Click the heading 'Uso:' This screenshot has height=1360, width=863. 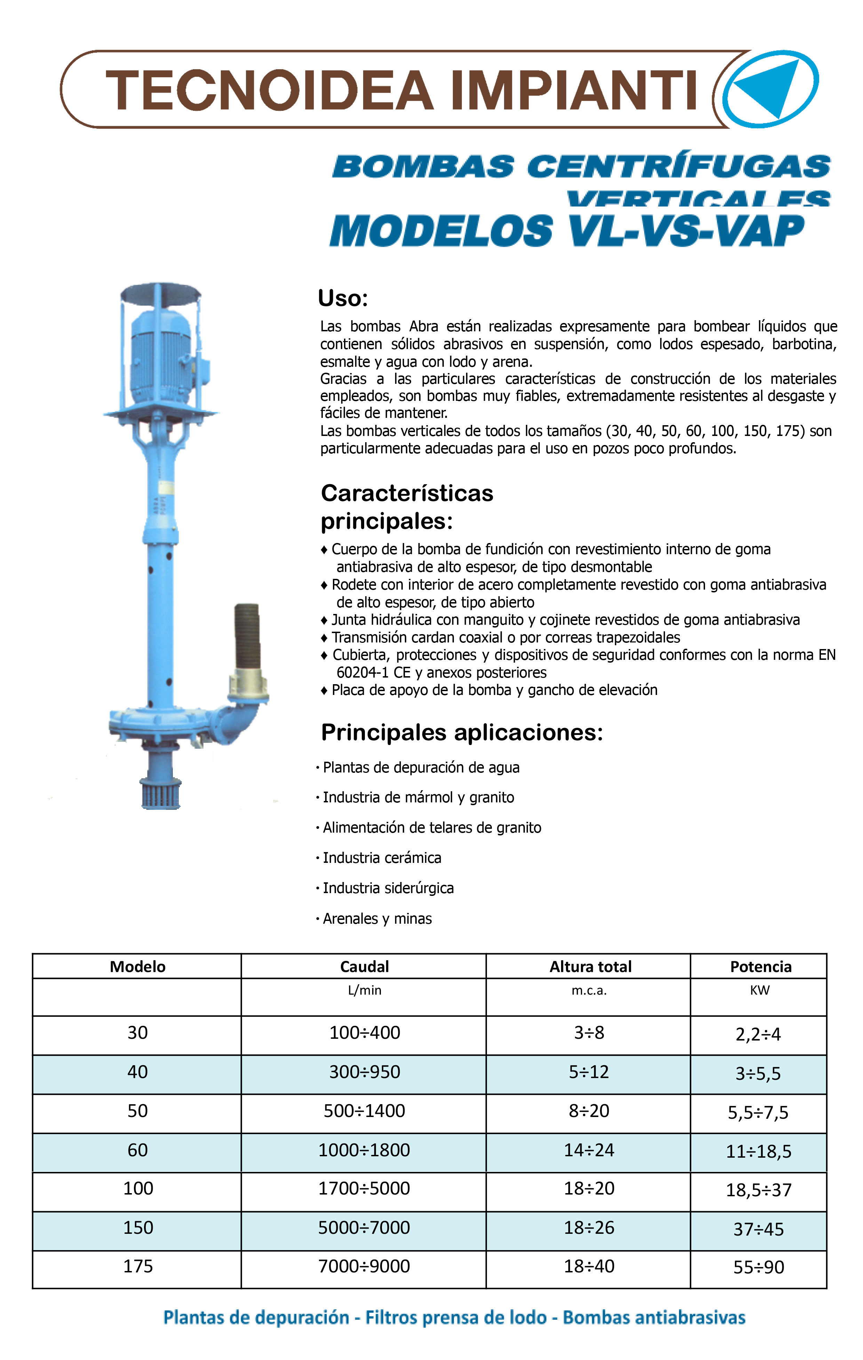343,298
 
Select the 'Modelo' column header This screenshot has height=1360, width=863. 137,966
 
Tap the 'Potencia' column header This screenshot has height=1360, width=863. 760,966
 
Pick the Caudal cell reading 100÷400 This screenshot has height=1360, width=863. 365,1033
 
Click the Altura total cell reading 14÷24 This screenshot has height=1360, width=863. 589,1150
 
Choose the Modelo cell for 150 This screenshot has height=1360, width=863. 138,1227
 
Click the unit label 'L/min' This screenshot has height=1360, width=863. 365,990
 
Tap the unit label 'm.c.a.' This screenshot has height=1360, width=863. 589,990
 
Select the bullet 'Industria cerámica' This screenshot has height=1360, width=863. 382,858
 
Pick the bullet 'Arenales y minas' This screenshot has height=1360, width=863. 377,919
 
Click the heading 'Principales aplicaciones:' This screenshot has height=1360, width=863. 462,732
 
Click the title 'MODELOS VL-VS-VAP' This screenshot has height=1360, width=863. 566,232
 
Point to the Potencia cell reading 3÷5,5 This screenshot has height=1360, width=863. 758,1073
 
